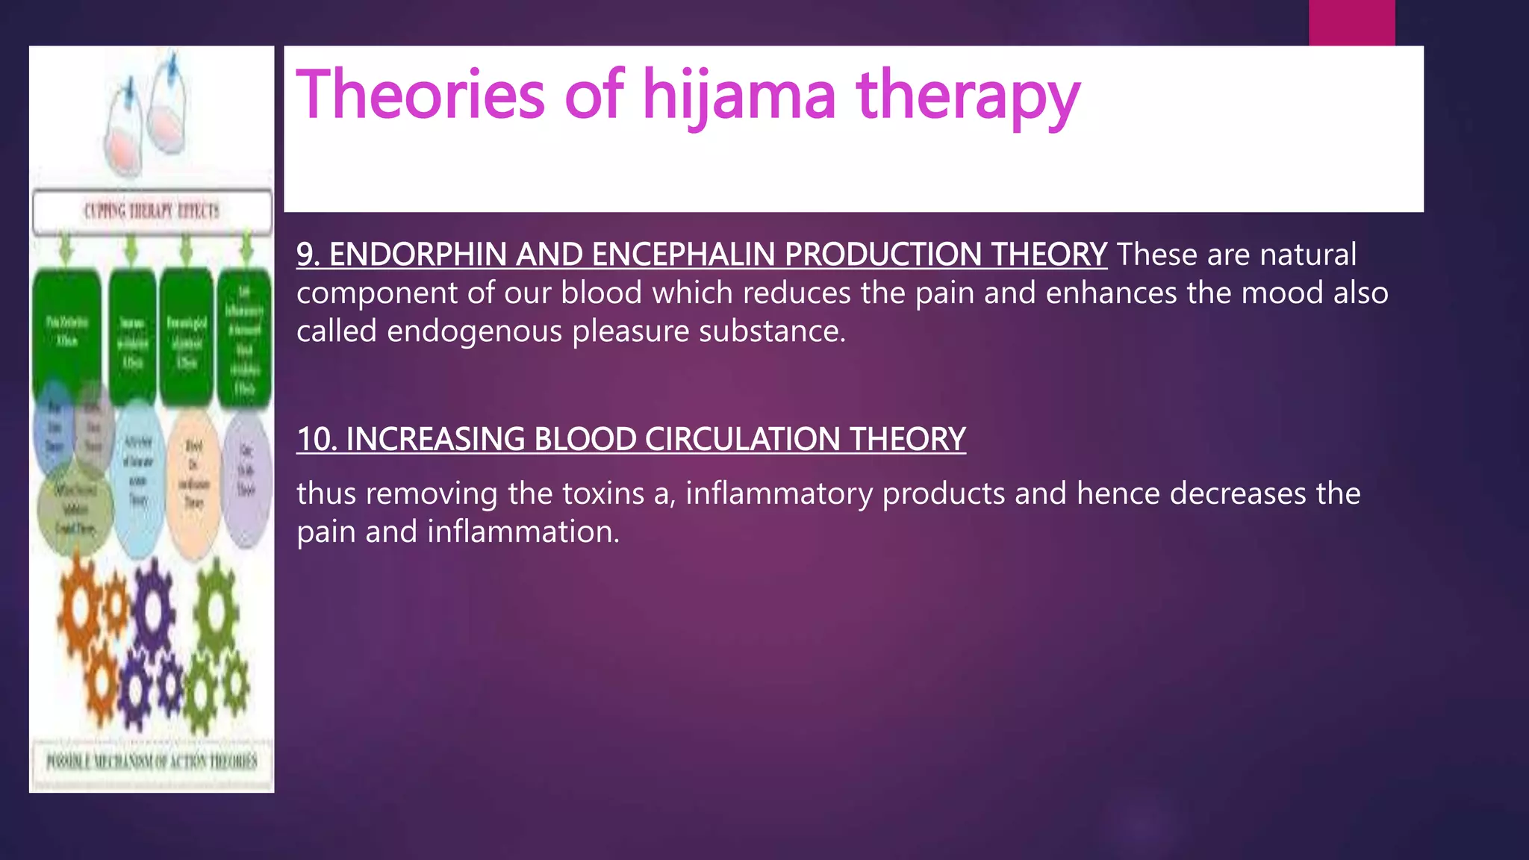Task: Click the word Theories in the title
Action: [x=420, y=95]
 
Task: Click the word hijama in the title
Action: [x=739, y=95]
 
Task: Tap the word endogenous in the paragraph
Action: [x=474, y=331]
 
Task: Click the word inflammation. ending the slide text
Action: [x=523, y=532]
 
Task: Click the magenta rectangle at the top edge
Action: [x=1351, y=22]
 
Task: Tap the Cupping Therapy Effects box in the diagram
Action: [x=152, y=211]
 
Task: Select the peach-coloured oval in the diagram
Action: [x=193, y=478]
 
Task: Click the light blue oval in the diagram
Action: [x=138, y=478]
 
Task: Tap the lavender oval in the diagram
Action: [x=246, y=478]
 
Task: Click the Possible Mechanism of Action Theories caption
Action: [x=152, y=761]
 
